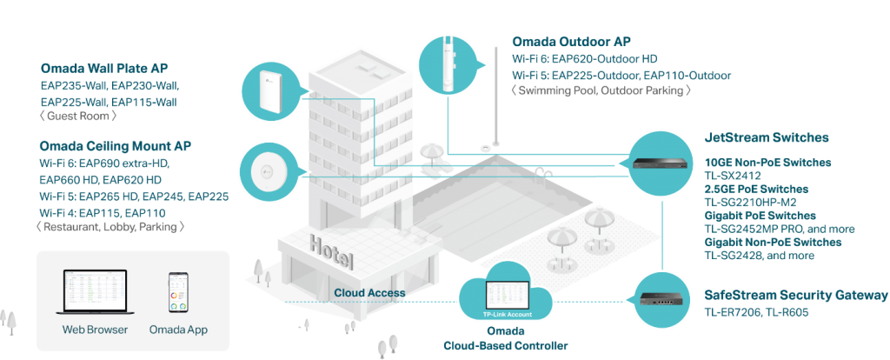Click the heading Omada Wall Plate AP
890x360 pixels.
click(x=104, y=69)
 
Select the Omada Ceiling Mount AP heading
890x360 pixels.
click(x=116, y=146)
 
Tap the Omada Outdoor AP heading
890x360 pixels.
click(x=572, y=42)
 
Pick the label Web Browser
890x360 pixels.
click(x=95, y=330)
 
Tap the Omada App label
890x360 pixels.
click(x=178, y=330)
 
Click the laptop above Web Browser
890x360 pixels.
click(x=95, y=293)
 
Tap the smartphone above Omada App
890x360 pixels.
click(x=178, y=292)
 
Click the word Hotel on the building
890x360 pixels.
click(x=331, y=252)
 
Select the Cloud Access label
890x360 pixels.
click(x=369, y=293)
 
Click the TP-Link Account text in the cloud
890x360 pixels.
click(x=499, y=314)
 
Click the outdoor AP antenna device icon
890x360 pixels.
click(x=448, y=63)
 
